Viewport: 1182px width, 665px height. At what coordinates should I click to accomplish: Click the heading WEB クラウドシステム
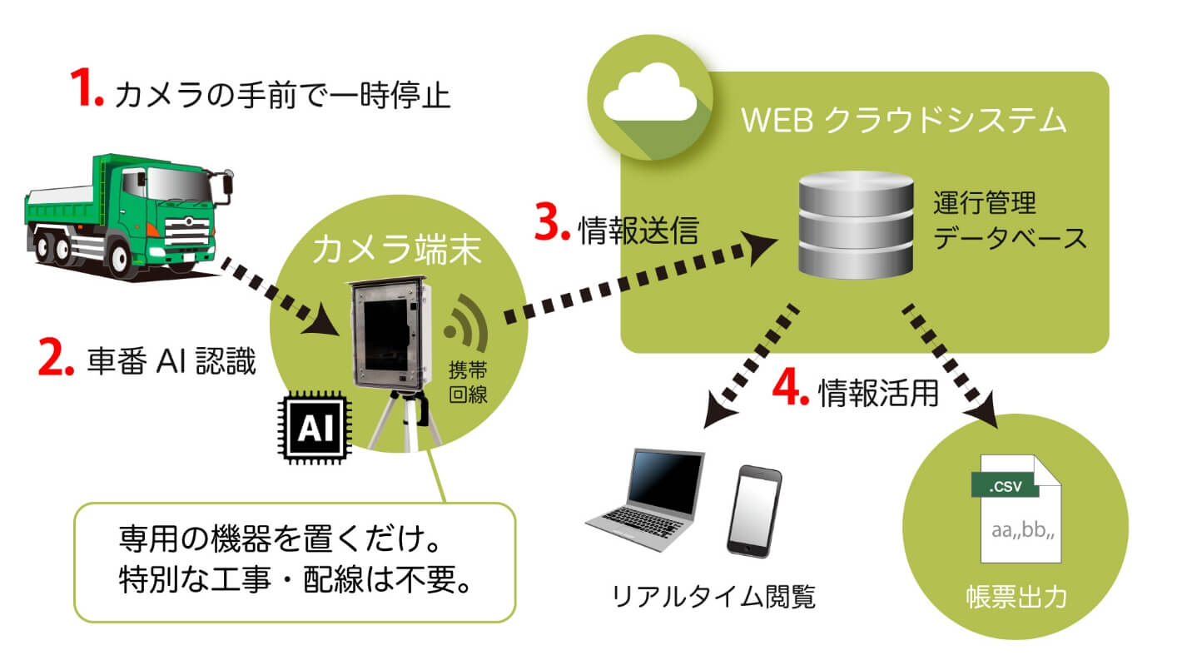pos(903,121)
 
